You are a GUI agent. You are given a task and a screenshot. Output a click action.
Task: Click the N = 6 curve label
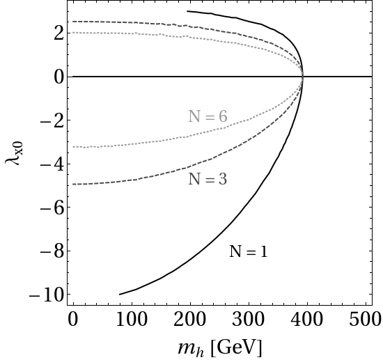(208, 116)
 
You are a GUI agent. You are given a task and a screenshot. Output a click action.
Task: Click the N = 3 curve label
(208, 179)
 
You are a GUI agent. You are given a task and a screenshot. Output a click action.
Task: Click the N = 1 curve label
(249, 251)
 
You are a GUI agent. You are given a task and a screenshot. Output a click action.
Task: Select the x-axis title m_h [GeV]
(219, 347)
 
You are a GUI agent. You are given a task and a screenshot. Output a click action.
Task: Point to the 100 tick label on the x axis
(132, 320)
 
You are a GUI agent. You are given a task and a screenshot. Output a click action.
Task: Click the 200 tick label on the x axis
(190, 320)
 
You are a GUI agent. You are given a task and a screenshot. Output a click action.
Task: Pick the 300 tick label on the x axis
(249, 320)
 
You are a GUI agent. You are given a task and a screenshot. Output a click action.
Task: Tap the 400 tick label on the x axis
(307, 320)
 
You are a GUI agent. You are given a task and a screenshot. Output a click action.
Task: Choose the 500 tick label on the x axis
(366, 320)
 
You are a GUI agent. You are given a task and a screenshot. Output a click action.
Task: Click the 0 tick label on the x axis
(73, 320)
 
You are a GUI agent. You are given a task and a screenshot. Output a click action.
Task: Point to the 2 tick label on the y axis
(59, 34)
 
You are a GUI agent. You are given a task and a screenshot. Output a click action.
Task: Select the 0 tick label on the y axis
(59, 77)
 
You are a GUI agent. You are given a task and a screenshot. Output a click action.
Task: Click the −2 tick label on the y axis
(52, 121)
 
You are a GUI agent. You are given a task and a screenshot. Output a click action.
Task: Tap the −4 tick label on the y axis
(52, 164)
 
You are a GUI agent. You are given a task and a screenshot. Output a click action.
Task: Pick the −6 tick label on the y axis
(52, 208)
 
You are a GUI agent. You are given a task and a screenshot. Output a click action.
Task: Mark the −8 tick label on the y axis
(52, 251)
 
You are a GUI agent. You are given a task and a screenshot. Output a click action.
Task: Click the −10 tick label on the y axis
(47, 295)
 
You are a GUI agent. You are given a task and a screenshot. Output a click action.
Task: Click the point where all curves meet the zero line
(303, 77)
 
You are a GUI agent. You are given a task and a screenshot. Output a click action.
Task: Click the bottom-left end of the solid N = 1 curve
(120, 295)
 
